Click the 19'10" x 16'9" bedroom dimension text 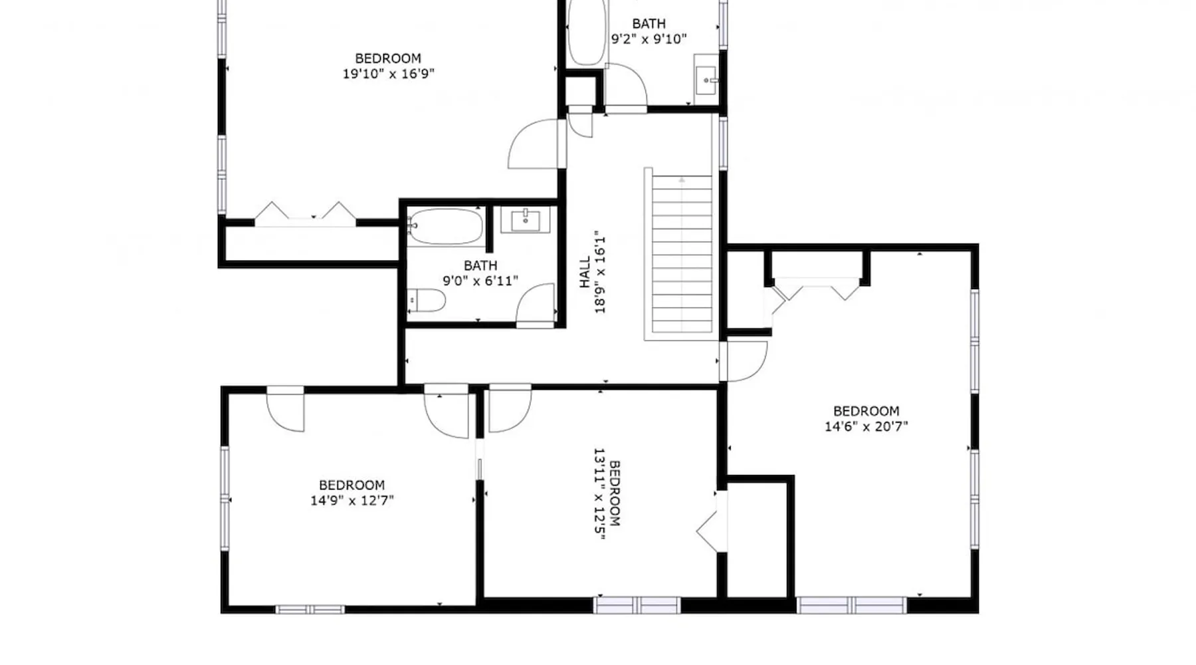pyautogui.click(x=388, y=74)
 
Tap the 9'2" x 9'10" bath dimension pyautogui.click(x=648, y=39)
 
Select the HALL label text pyautogui.click(x=585, y=272)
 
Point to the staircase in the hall pyautogui.click(x=682, y=254)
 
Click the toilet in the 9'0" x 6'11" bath pyautogui.click(x=425, y=300)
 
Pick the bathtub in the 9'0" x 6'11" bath pyautogui.click(x=445, y=227)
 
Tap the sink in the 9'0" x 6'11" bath pyautogui.click(x=525, y=220)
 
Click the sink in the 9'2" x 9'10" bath pyautogui.click(x=706, y=80)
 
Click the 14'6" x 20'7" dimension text pyautogui.click(x=866, y=426)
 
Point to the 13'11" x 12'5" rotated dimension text pyautogui.click(x=599, y=494)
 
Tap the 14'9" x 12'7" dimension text pyautogui.click(x=351, y=501)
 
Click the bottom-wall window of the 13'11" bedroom pyautogui.click(x=637, y=605)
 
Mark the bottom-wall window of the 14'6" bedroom pyautogui.click(x=852, y=605)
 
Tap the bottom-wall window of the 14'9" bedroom pyautogui.click(x=310, y=609)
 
